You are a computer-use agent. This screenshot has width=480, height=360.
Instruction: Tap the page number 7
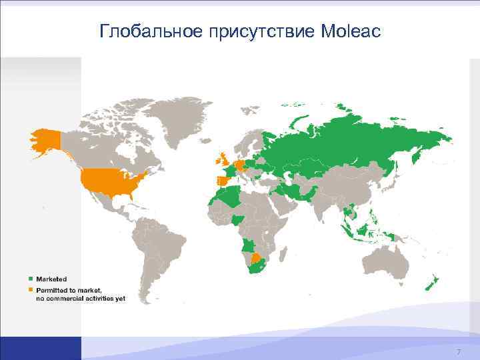click(x=458, y=351)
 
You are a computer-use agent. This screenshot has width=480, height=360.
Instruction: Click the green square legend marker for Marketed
click(x=30, y=279)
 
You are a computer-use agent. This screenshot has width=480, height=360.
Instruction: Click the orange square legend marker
click(x=30, y=289)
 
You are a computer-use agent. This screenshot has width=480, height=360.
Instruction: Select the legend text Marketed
click(x=51, y=279)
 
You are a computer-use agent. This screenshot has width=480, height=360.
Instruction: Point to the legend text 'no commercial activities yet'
click(x=80, y=299)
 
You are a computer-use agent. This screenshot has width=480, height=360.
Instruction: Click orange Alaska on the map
click(x=45, y=141)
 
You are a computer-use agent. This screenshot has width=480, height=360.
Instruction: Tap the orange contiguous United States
click(x=110, y=179)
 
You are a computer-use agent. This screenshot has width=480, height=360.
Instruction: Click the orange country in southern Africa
click(x=257, y=257)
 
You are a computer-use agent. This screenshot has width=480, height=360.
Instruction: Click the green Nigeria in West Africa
click(x=239, y=219)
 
